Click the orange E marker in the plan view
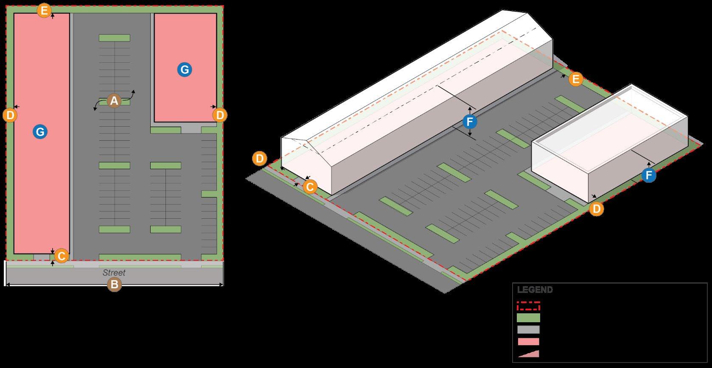pyautogui.click(x=44, y=10)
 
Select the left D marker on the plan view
pyautogui.click(x=10, y=115)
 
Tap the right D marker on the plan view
pyautogui.click(x=219, y=115)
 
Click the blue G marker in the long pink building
pyautogui.click(x=40, y=132)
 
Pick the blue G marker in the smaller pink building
pyautogui.click(x=184, y=70)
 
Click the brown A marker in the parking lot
pyautogui.click(x=113, y=101)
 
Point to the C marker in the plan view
pyautogui.click(x=61, y=256)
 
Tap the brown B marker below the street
pyautogui.click(x=114, y=284)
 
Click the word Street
pyautogui.click(x=114, y=273)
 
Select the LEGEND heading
pyautogui.click(x=535, y=290)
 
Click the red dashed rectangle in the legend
pyautogui.click(x=528, y=306)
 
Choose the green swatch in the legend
pyautogui.click(x=528, y=318)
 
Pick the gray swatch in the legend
pyautogui.click(x=528, y=329)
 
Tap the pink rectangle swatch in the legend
pyautogui.click(x=528, y=341)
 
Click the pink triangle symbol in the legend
pyautogui.click(x=529, y=354)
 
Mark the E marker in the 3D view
pyautogui.click(x=575, y=79)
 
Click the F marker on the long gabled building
pyautogui.click(x=470, y=122)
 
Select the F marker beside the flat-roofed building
pyautogui.click(x=649, y=175)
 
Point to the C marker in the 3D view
pyautogui.click(x=310, y=187)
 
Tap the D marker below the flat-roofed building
pyautogui.click(x=597, y=209)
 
